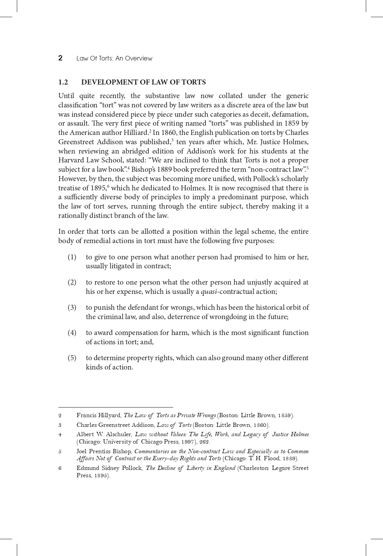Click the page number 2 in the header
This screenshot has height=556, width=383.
tap(60, 58)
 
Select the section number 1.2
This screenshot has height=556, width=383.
tap(63, 82)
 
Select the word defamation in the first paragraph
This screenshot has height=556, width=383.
tap(290, 114)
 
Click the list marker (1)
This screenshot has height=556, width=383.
tap(72, 257)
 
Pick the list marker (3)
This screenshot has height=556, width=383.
tap(72, 307)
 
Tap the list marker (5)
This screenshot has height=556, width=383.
tap(72, 358)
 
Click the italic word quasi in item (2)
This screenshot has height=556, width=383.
tap(209, 292)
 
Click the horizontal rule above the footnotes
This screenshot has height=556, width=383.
tap(115, 408)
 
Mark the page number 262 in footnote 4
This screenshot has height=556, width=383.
tap(204, 442)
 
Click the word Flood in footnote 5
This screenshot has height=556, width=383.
tap(272, 458)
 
